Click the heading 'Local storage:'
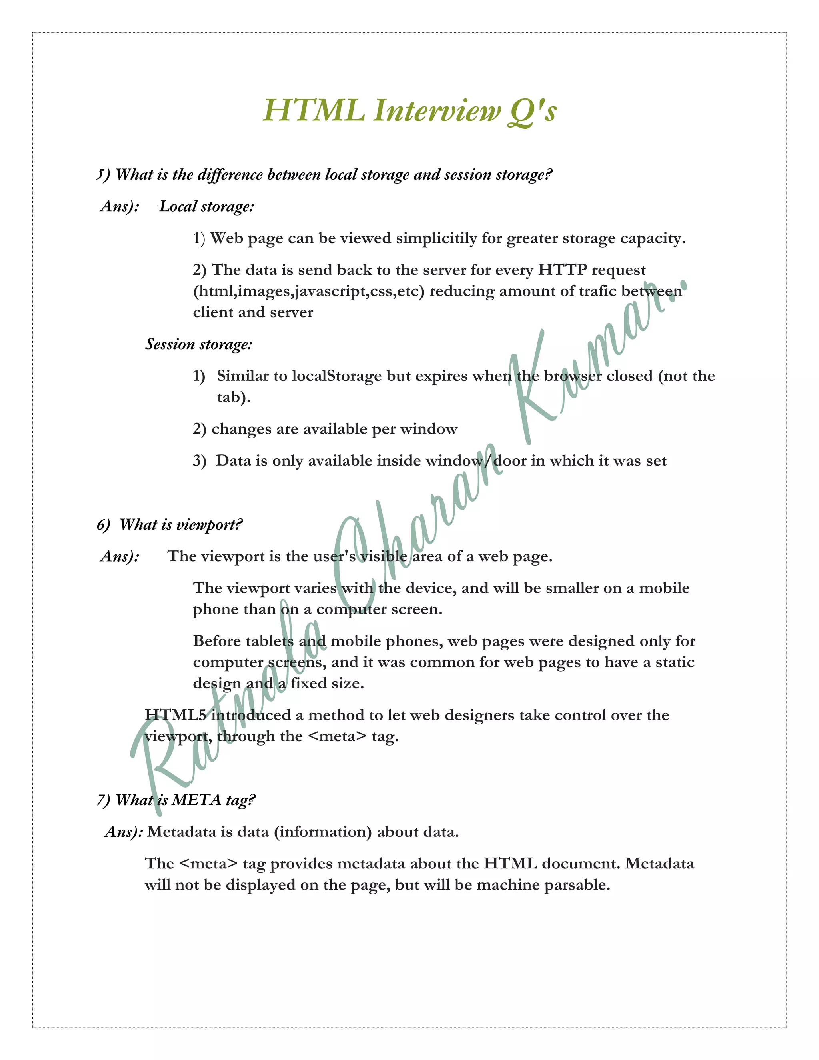(207, 206)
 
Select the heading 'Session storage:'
(199, 344)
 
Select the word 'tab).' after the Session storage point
(234, 397)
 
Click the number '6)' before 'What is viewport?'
(103, 525)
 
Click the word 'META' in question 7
(196, 800)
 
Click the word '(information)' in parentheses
(323, 832)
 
